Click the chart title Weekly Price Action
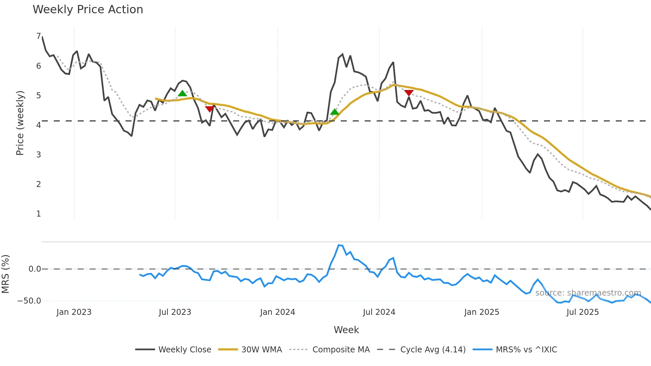[88, 10]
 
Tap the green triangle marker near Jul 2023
[182, 94]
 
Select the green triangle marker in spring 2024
[335, 112]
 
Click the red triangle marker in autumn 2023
[210, 109]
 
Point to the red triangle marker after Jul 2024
[409, 93]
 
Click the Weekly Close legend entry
[173, 350]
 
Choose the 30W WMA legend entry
[250, 350]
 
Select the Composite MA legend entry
[329, 350]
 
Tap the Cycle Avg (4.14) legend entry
[422, 350]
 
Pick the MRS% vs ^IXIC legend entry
[515, 350]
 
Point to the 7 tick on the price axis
[39, 36]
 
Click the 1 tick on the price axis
[39, 214]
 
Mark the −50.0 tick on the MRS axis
[29, 301]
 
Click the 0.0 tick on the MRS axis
[35, 269]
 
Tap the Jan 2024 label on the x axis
[277, 312]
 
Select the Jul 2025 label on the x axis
[583, 312]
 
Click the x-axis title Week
[346, 330]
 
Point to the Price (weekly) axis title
[20, 123]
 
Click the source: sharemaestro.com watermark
[588, 293]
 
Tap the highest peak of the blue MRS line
[339, 245]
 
